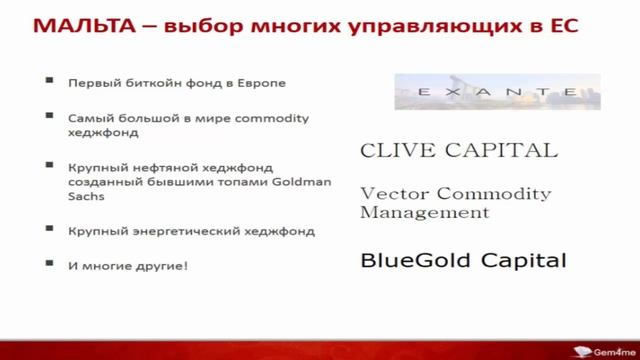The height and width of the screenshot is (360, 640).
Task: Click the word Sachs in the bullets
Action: (86, 198)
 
